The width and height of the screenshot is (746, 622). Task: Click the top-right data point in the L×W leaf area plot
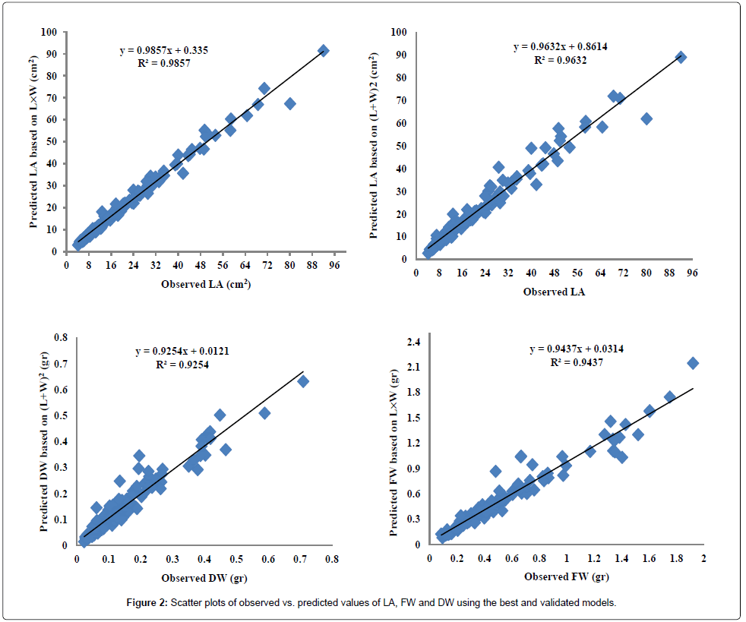coord(323,51)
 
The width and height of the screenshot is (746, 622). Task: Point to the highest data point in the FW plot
coord(693,363)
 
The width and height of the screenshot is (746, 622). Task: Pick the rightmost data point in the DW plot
coord(303,381)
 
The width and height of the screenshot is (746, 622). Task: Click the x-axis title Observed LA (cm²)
coord(206,285)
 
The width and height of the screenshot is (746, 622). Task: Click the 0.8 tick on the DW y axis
coord(61,337)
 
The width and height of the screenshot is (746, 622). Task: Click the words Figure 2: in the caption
coord(148,602)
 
